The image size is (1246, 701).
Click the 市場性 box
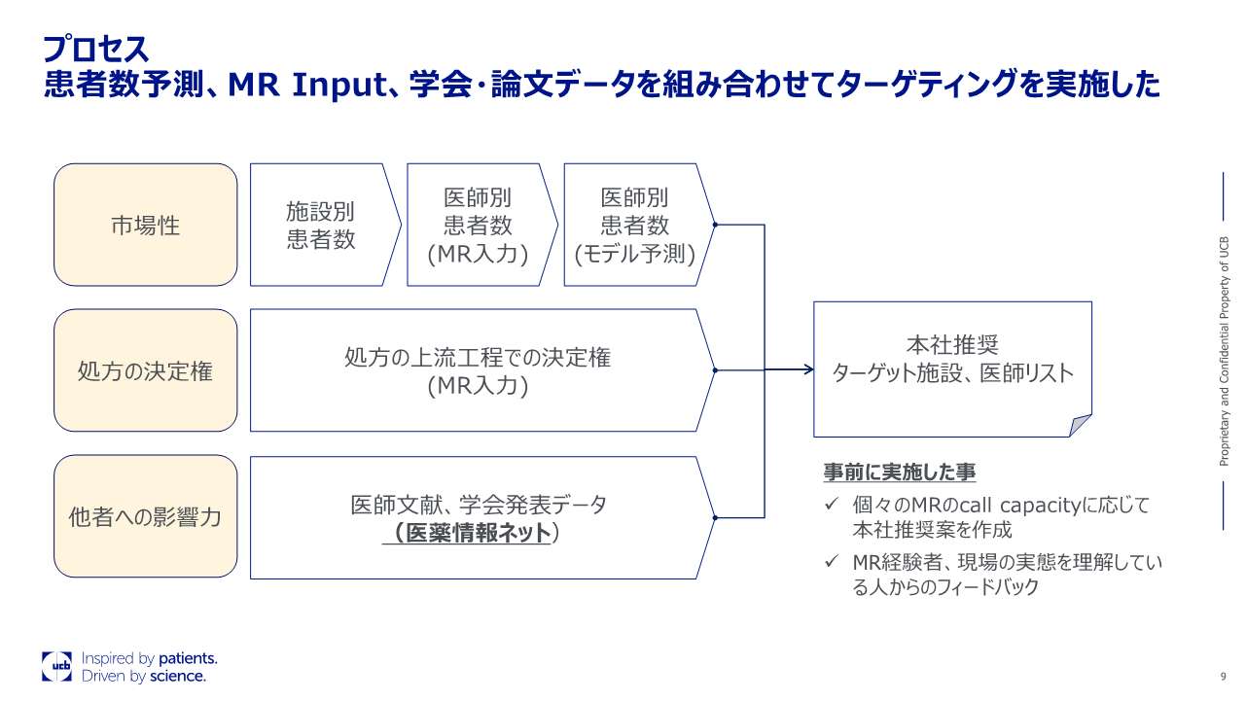click(146, 225)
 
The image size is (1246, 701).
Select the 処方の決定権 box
click(146, 370)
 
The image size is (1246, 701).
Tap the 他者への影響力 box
click(146, 516)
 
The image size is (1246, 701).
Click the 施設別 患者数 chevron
click(321, 225)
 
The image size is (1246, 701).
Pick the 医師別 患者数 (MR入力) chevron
click(478, 225)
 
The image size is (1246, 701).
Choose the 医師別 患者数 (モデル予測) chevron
click(635, 225)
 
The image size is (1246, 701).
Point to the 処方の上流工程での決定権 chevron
click(478, 370)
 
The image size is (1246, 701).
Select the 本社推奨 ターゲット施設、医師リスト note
click(952, 360)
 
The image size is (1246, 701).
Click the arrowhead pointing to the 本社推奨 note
click(807, 369)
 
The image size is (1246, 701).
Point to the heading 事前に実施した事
click(900, 473)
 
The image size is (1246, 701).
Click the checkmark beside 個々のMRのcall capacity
click(831, 505)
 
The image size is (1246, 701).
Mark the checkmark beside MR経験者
click(831, 562)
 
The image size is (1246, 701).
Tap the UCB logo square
click(56, 666)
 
